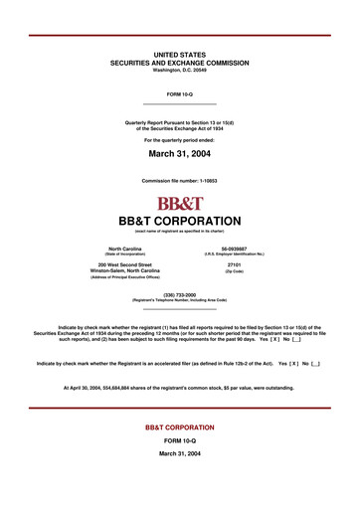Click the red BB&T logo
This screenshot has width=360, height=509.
[179, 203]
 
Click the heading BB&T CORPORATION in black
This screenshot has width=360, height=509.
[179, 220]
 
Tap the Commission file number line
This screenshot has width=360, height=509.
[179, 180]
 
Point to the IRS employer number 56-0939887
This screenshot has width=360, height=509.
[235, 248]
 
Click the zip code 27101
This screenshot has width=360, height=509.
[235, 264]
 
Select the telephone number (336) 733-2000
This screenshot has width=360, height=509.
[179, 294]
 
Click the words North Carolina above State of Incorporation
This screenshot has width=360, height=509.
[125, 248]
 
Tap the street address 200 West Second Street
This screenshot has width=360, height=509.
[125, 264]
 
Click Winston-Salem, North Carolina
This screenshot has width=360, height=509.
[125, 270]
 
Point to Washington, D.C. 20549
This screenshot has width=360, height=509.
[179, 70]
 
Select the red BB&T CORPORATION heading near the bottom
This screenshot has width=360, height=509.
[179, 426]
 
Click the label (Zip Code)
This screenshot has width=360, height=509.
[235, 270]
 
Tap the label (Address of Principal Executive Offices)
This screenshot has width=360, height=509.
[125, 277]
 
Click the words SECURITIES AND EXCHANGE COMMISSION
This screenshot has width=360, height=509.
[179, 63]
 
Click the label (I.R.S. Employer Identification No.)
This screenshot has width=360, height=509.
[235, 254]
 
